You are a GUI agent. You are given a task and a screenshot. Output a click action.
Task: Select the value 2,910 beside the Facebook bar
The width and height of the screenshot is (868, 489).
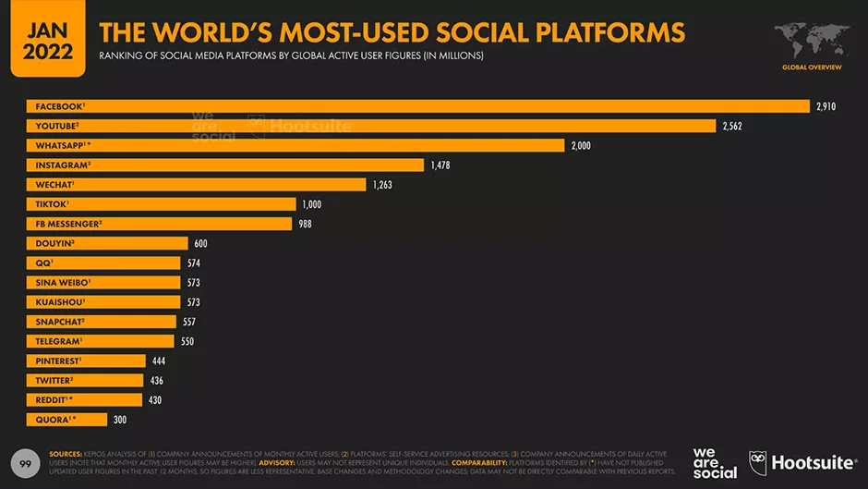coord(826,106)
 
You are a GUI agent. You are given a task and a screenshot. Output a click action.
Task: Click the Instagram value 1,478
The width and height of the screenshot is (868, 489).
coord(440,165)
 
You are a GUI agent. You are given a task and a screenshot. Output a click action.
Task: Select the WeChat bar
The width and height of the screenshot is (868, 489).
coord(195,185)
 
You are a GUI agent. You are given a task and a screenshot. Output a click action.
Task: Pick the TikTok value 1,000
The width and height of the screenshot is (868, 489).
coord(310,204)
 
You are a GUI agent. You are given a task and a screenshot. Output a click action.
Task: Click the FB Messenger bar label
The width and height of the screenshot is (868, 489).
coord(66,224)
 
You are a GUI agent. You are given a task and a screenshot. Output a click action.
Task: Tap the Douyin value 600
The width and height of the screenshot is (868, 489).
coord(201,243)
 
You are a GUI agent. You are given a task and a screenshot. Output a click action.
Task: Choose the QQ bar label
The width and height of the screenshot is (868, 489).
coord(42,263)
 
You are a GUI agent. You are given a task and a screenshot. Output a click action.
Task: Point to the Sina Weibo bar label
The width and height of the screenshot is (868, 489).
coord(61,282)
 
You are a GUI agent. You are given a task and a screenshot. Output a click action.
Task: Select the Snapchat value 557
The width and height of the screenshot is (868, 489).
coord(188,322)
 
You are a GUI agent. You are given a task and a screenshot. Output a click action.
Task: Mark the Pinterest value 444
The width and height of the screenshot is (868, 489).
coord(159,361)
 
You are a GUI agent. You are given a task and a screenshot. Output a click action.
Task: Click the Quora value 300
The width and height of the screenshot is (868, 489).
coord(120,420)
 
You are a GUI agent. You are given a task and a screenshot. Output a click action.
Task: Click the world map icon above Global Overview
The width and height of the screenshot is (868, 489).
coord(812,41)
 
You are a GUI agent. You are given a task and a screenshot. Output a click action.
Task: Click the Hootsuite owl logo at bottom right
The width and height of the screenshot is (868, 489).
coord(758,462)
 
